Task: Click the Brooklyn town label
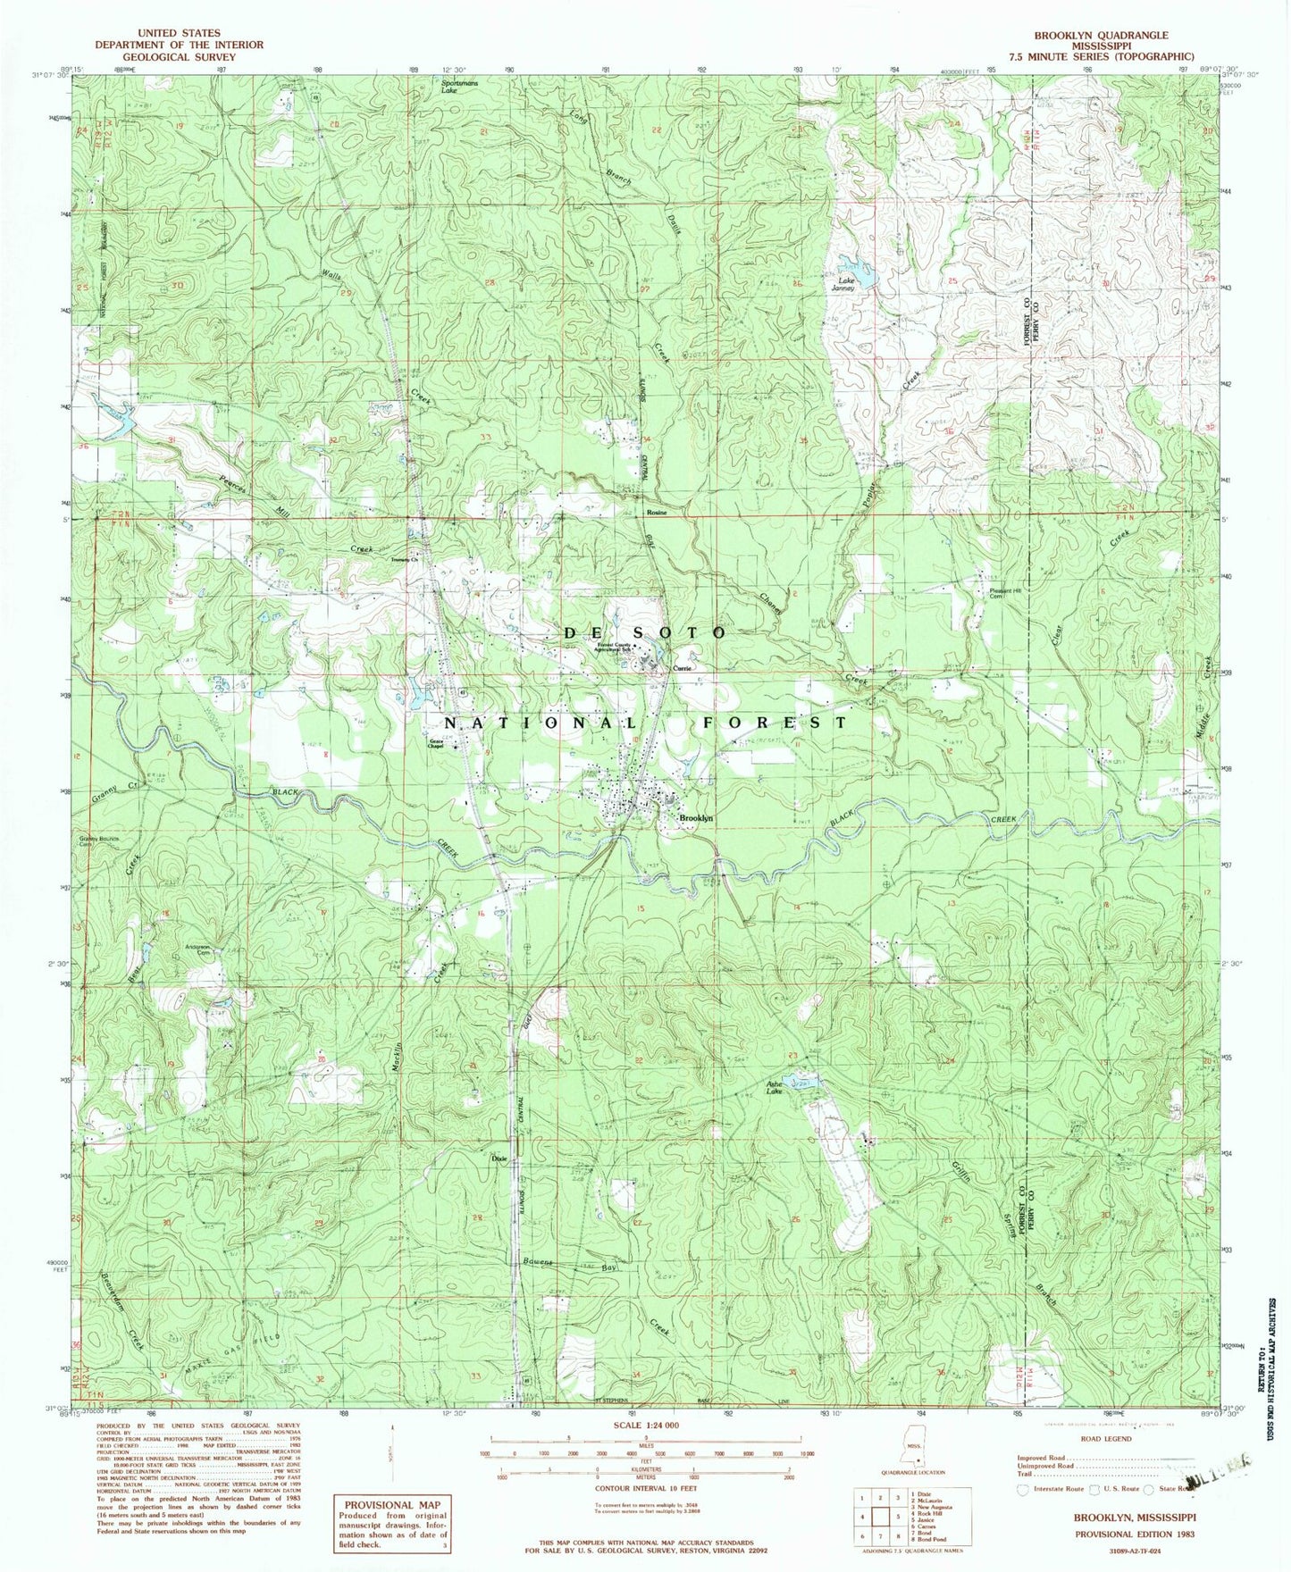coord(695,818)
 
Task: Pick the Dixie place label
coord(499,1158)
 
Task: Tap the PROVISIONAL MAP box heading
coord(394,1504)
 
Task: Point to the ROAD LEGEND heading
coord(1105,1439)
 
